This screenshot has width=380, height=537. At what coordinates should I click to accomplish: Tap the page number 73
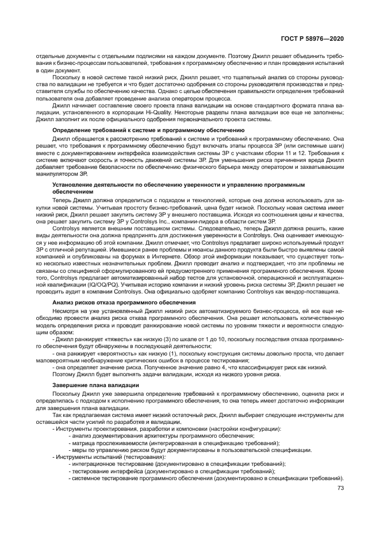click(340, 488)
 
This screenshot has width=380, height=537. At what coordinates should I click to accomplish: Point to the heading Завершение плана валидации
click(95, 385)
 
